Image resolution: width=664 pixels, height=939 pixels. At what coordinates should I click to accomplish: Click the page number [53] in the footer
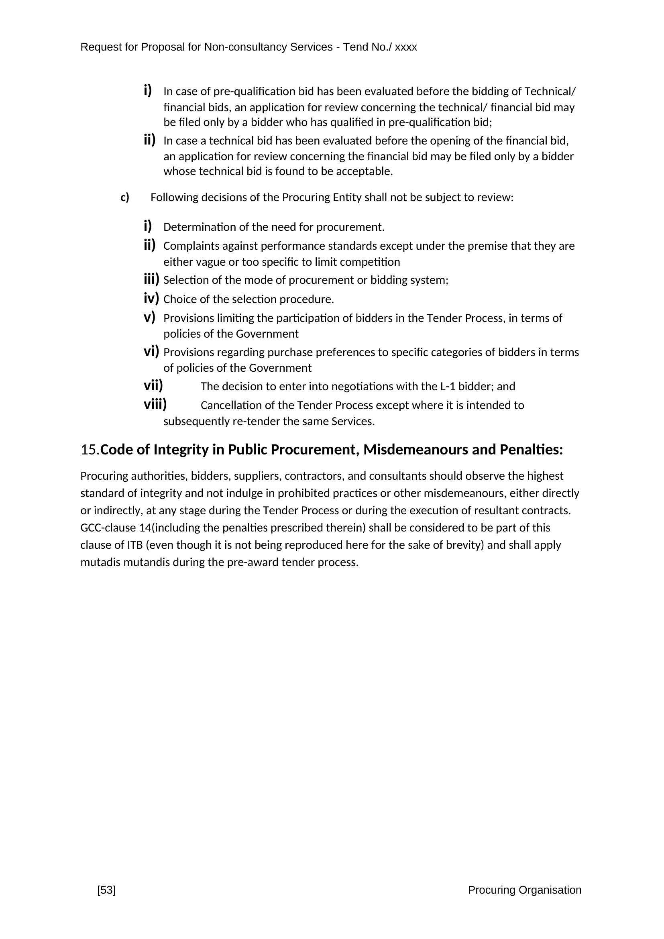106,890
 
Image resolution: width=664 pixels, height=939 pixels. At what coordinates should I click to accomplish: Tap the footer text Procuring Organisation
524,890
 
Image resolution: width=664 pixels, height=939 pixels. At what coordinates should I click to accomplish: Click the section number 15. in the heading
90,450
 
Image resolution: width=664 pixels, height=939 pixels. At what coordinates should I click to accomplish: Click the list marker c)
125,198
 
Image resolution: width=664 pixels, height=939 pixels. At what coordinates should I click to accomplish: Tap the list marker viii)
155,405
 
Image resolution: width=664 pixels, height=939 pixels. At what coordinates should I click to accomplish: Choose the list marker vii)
153,385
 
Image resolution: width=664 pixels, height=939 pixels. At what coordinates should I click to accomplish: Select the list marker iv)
151,299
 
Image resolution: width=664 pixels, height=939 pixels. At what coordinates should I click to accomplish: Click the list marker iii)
151,279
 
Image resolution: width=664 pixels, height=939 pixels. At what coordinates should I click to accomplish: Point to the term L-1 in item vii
448,387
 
